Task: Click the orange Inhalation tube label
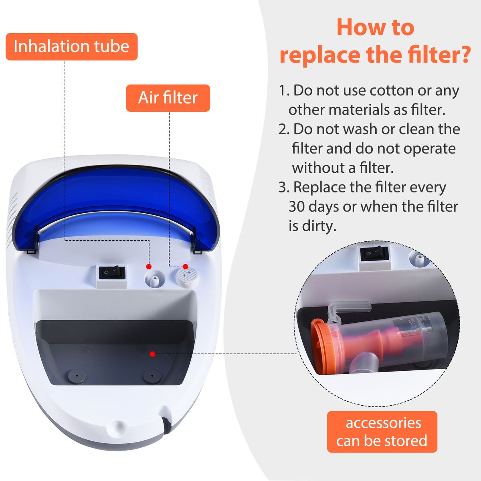72,46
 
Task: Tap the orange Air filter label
168,98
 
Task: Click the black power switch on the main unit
112,273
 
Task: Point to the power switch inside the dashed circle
374,254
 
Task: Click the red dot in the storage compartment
152,354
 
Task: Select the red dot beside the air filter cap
186,266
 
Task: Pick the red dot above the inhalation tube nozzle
149,267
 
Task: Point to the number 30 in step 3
297,207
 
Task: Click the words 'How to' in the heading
376,28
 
